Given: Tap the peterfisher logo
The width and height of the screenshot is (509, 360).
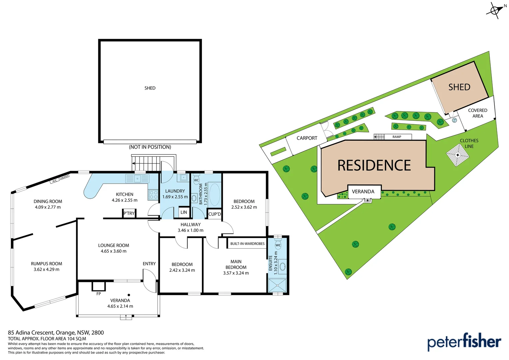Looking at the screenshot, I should click(464, 342).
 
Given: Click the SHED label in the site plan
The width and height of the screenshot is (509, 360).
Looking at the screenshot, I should click(459, 87).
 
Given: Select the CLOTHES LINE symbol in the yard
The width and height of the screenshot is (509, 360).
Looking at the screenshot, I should click(458, 155).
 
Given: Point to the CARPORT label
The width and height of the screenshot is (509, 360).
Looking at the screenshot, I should click(307, 138).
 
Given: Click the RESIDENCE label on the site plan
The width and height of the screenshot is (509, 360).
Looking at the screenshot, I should click(374, 165).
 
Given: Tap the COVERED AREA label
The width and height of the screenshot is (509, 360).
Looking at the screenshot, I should click(477, 113).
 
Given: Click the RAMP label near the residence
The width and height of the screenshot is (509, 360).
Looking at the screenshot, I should click(397, 137).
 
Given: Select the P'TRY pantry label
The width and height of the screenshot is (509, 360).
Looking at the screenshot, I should click(129, 213).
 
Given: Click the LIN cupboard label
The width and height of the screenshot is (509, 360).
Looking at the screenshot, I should click(184, 212).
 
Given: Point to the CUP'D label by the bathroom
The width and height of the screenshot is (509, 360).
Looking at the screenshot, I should click(215, 214).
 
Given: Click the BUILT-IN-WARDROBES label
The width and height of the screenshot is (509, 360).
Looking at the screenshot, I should click(247, 244).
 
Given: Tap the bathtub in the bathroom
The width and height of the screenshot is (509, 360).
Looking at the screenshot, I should click(214, 194).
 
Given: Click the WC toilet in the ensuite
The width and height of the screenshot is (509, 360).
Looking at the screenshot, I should click(278, 245).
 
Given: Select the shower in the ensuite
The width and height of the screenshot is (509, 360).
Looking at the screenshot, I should click(277, 285).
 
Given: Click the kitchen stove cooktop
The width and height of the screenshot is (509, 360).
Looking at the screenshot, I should click(153, 195).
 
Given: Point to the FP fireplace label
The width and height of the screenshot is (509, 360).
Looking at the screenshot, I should click(99, 294).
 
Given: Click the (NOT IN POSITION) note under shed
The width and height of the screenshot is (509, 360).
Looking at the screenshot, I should click(150, 147).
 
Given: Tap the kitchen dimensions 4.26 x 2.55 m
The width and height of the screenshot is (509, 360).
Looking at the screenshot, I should click(125, 200).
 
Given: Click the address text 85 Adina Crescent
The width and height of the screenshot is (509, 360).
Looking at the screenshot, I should click(56, 333).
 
